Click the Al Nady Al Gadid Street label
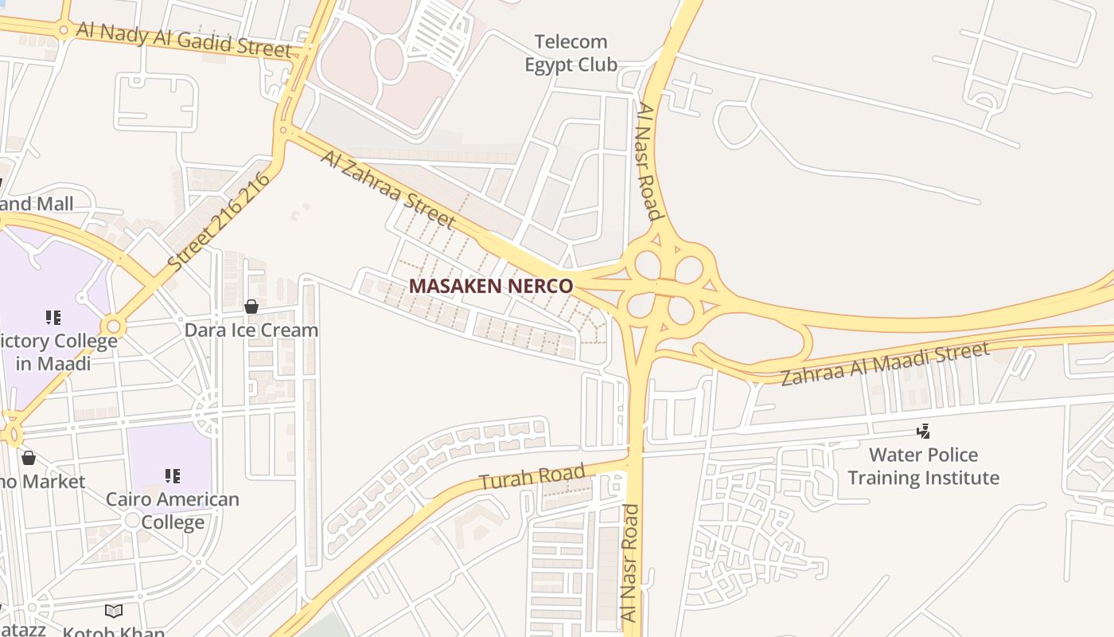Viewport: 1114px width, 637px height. click(x=184, y=37)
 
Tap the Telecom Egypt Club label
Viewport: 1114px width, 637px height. click(x=571, y=53)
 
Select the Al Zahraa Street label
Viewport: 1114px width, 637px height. click(x=388, y=190)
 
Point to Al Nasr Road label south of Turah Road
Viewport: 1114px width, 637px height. click(x=629, y=562)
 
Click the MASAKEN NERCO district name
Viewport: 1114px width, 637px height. click(x=490, y=286)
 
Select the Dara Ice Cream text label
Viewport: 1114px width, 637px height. click(x=251, y=330)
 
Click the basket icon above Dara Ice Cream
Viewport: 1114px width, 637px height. click(x=251, y=307)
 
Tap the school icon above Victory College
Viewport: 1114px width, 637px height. click(x=53, y=318)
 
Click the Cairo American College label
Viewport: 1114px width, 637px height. click(x=173, y=510)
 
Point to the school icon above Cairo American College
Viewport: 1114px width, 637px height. click(x=172, y=476)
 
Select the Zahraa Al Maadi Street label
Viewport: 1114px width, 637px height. click(x=885, y=364)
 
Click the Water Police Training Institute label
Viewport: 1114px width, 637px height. click(x=923, y=466)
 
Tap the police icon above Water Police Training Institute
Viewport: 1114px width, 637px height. click(x=923, y=432)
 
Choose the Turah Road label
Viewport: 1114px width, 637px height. click(x=532, y=475)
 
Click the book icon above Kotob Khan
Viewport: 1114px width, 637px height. click(x=114, y=611)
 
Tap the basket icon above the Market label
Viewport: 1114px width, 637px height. click(x=29, y=458)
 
